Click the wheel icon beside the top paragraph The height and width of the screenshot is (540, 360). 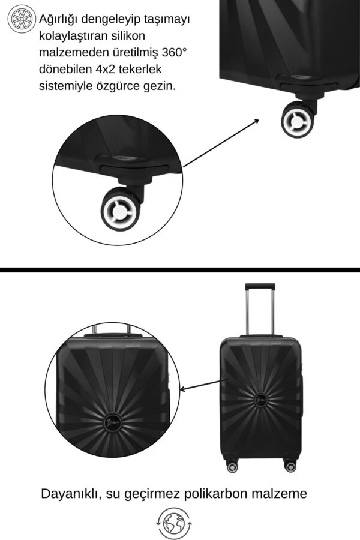pyautogui.click(x=22, y=19)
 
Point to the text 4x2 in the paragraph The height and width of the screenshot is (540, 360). pyautogui.click(x=104, y=69)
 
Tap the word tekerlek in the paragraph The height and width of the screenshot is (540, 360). pyautogui.click(x=140, y=69)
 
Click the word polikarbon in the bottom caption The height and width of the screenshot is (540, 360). pyautogui.click(x=215, y=494)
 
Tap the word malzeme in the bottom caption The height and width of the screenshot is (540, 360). pyautogui.click(x=279, y=494)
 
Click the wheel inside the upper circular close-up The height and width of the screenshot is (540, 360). pyautogui.click(x=121, y=209)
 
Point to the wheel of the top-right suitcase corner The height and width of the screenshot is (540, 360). pyautogui.click(x=298, y=120)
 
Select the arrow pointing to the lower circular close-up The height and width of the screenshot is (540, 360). pyautogui.click(x=203, y=385)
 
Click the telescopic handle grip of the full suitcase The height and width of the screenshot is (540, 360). pyautogui.click(x=260, y=287)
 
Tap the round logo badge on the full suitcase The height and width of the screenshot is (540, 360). pyautogui.click(x=261, y=400)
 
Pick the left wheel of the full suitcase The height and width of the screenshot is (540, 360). pyautogui.click(x=232, y=467)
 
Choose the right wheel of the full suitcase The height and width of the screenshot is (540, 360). pyautogui.click(x=290, y=467)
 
